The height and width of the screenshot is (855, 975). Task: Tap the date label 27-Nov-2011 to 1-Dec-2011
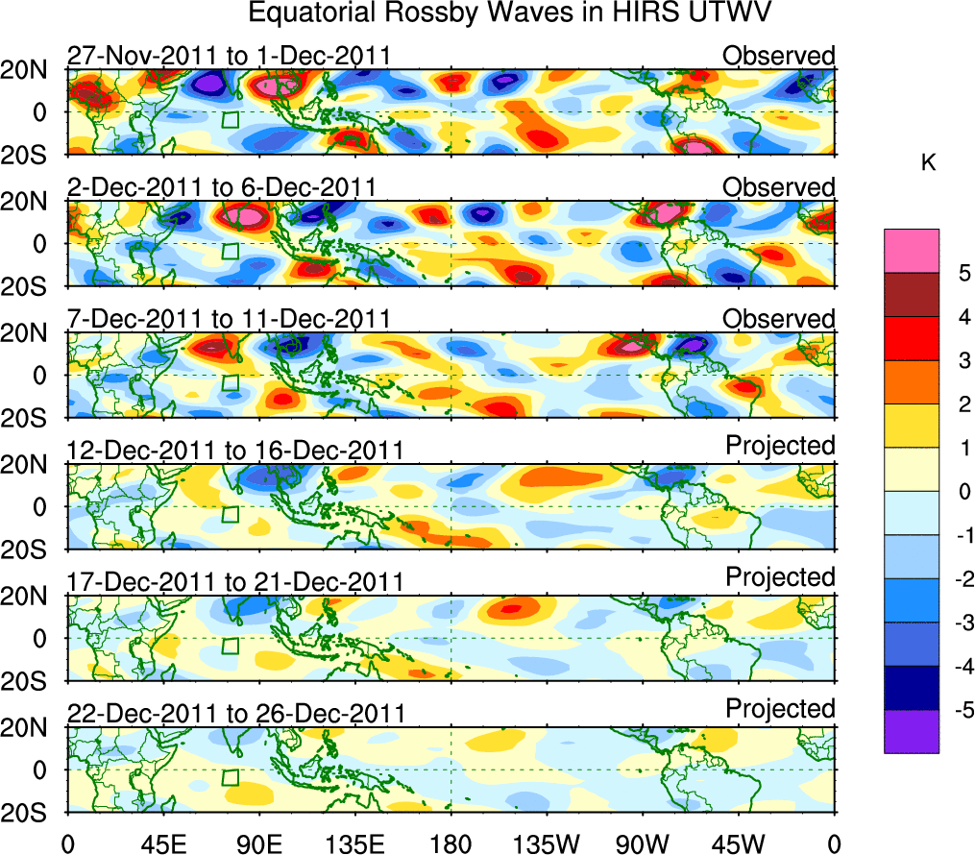(x=229, y=56)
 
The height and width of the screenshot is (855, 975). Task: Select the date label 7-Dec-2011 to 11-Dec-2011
(x=229, y=318)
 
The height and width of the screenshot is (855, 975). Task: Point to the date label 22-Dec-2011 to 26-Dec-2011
(x=235, y=713)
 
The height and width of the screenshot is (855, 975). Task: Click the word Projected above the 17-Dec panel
(x=780, y=576)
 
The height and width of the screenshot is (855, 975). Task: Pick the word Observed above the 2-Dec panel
(x=779, y=186)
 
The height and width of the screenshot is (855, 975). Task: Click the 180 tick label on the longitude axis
(x=451, y=843)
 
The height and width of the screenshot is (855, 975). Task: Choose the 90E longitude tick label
(x=258, y=843)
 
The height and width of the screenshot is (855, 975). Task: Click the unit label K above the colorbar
(x=928, y=163)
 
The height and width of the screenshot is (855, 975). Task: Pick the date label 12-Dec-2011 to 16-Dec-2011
(x=235, y=450)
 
